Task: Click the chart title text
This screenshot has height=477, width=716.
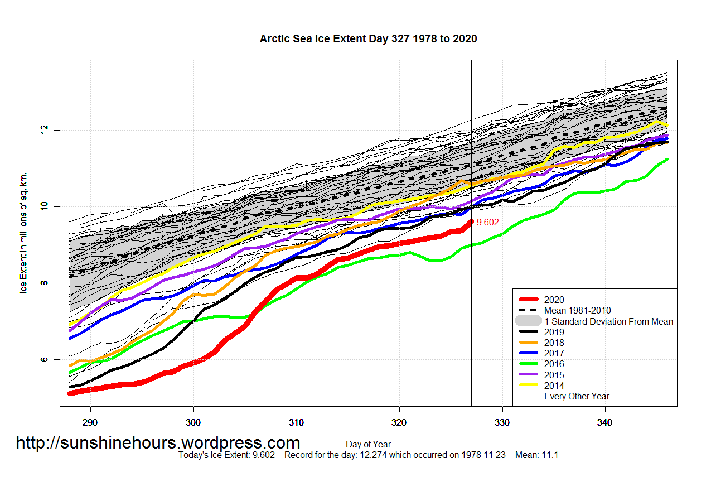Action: pos(368,38)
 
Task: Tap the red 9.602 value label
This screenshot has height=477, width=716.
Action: pos(487,222)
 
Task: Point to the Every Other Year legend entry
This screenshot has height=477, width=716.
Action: pos(576,396)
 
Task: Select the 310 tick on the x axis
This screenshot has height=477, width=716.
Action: pos(296,422)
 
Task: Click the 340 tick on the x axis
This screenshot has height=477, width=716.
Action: pos(605,422)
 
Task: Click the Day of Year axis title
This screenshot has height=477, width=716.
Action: pos(368,445)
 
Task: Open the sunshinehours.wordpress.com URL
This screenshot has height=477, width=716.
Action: pos(158,442)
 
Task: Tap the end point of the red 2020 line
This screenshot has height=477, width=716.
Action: pos(471,222)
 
